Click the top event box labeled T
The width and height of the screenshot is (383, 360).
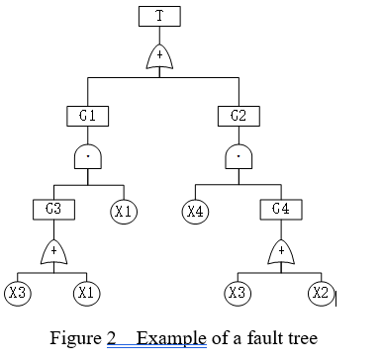pyautogui.click(x=159, y=16)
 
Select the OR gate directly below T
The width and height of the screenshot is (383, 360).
pyautogui.click(x=159, y=56)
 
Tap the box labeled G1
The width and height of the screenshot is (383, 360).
pyautogui.click(x=87, y=116)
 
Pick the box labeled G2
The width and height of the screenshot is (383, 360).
pyautogui.click(x=238, y=116)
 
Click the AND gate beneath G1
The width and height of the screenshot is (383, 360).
pyautogui.click(x=87, y=156)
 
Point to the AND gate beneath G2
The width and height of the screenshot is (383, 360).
pyautogui.click(x=238, y=156)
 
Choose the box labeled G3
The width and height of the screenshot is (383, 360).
pyautogui.click(x=53, y=210)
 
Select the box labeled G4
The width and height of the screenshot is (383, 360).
pyautogui.click(x=281, y=210)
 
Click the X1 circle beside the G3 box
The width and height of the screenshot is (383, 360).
pyautogui.click(x=124, y=211)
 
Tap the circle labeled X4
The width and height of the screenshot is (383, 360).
pyautogui.click(x=196, y=211)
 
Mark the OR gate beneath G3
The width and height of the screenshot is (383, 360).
pyautogui.click(x=53, y=253)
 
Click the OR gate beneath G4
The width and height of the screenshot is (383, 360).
pyautogui.click(x=281, y=253)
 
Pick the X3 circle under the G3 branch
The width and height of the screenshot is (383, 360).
pyautogui.click(x=17, y=293)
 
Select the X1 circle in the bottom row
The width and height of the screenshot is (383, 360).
pyautogui.click(x=87, y=293)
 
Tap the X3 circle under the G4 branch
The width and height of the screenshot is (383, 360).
pyautogui.click(x=238, y=293)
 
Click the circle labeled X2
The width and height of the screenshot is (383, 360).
pyautogui.click(x=319, y=293)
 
